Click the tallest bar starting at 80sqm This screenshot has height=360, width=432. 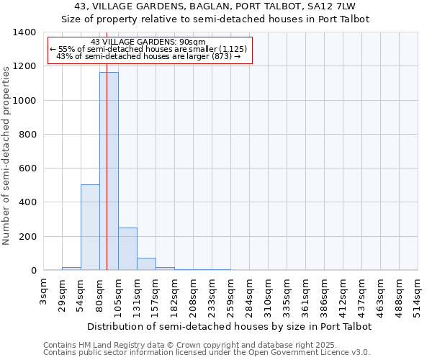tap(109, 171)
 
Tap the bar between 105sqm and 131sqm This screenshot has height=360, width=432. tap(127, 249)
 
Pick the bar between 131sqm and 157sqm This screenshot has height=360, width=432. tap(146, 264)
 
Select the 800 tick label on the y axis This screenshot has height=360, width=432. tap(27, 135)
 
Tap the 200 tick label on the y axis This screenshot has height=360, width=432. tap(27, 237)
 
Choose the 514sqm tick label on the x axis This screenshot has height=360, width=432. tap(418, 294)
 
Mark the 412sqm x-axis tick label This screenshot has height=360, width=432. tap(343, 294)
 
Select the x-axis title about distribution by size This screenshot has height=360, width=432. tap(229, 326)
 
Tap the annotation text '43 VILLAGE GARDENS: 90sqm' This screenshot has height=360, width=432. tap(149, 42)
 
